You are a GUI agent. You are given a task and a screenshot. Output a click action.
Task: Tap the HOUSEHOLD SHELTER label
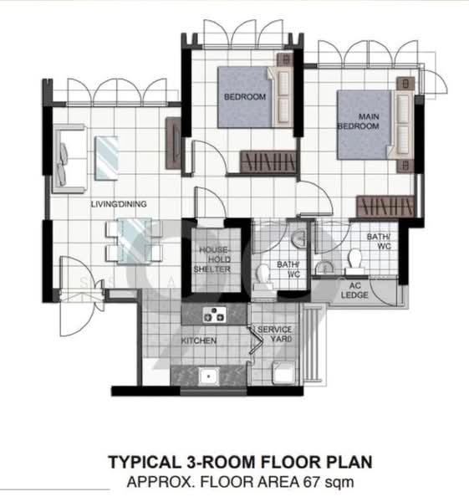(x=213, y=259)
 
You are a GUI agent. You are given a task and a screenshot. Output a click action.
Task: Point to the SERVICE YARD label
(x=275, y=336)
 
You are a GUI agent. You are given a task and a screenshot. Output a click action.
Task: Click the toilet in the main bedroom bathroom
(x=355, y=264)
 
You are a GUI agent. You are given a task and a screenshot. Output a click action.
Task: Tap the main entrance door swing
(x=67, y=314)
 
